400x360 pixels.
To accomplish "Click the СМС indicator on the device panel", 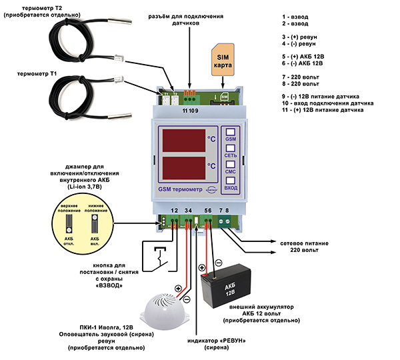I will point(231,167).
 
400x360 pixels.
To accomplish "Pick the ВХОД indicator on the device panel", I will point(231,183).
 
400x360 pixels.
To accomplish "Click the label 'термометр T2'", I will point(41,9).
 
